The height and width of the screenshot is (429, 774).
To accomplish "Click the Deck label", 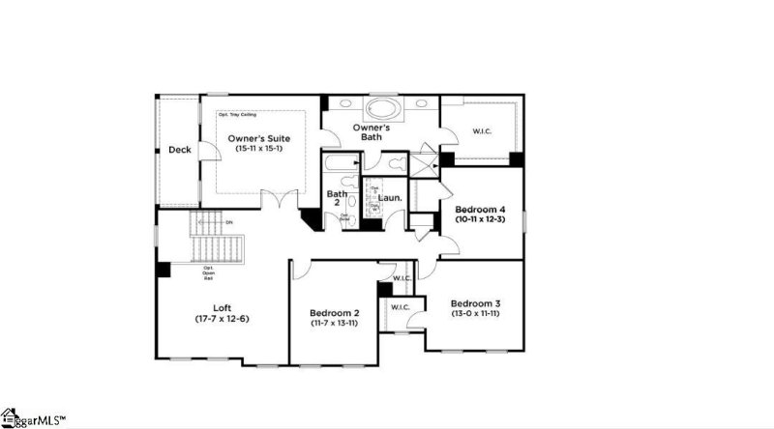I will point(179,150).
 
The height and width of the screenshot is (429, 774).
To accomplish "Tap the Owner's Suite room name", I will point(259,139).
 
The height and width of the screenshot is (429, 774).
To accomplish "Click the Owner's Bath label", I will point(371,132).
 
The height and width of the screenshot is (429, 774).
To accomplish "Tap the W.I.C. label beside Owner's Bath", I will point(483,131).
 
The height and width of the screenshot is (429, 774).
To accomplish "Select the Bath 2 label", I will point(336,199).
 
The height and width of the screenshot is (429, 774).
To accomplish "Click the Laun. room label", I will point(389,198).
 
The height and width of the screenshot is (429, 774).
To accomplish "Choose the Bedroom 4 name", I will point(481,209).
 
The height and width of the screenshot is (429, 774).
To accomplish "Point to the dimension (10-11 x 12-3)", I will point(481,219).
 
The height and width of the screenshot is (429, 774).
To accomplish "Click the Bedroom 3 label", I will point(474,302).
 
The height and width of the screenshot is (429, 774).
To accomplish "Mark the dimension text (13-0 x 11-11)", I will point(474,313).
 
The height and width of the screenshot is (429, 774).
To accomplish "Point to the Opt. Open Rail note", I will point(208,273).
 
